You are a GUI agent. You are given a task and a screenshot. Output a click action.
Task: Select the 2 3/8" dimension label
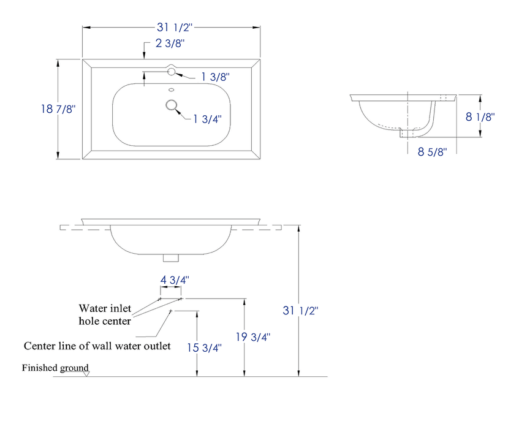click(x=169, y=43)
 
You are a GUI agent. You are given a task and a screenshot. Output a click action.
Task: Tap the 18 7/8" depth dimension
click(x=57, y=108)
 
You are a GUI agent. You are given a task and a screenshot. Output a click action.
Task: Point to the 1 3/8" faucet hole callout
click(x=215, y=77)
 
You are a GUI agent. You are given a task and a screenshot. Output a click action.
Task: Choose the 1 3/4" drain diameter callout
click(x=207, y=119)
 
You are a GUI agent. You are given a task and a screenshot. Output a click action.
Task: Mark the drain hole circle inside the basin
click(x=171, y=105)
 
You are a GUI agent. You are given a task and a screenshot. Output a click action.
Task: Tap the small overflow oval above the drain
click(x=172, y=91)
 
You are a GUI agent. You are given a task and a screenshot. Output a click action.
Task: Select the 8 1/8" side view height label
click(x=481, y=117)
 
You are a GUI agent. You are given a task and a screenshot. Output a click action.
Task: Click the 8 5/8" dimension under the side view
click(x=433, y=151)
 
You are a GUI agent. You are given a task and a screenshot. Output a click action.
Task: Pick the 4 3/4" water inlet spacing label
click(x=174, y=279)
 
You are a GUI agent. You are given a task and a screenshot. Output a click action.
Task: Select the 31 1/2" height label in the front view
click(x=300, y=311)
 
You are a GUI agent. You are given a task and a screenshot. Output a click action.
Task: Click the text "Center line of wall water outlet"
click(x=97, y=346)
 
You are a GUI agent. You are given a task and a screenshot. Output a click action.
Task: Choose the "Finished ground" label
click(x=55, y=368)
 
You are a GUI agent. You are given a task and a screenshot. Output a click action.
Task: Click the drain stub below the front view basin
click(x=172, y=258)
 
